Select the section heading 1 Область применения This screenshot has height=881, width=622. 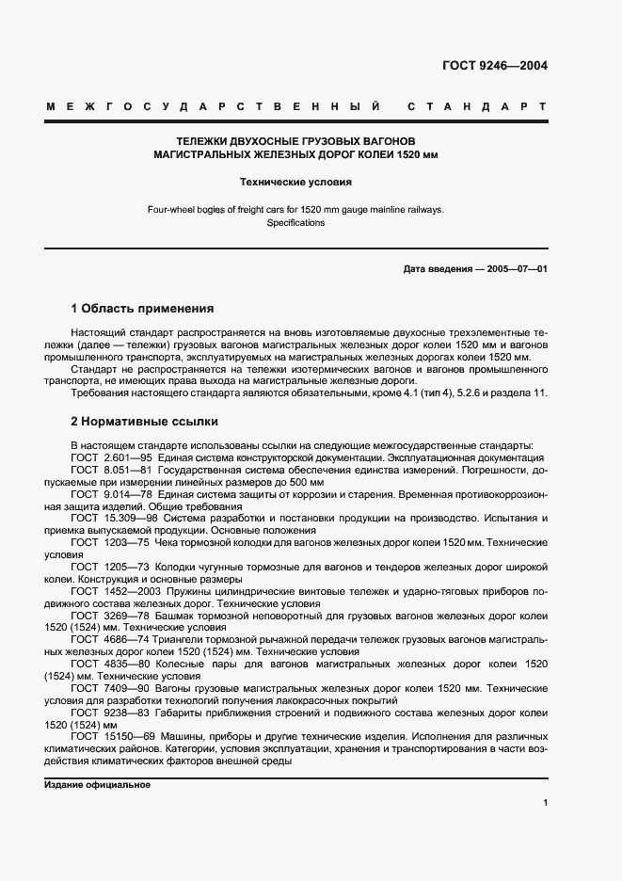pyautogui.click(x=142, y=308)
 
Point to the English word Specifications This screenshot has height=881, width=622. pyautogui.click(x=295, y=223)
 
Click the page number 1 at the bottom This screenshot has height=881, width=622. pyautogui.click(x=545, y=803)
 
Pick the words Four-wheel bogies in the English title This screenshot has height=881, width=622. pyautogui.click(x=184, y=210)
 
